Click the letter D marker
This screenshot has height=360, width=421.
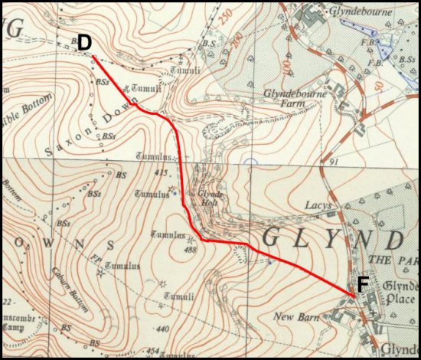(84, 42)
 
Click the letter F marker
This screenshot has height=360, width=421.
(364, 283)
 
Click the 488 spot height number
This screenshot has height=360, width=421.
(191, 249)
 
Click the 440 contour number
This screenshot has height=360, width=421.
(162, 329)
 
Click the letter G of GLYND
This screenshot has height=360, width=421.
(271, 237)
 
